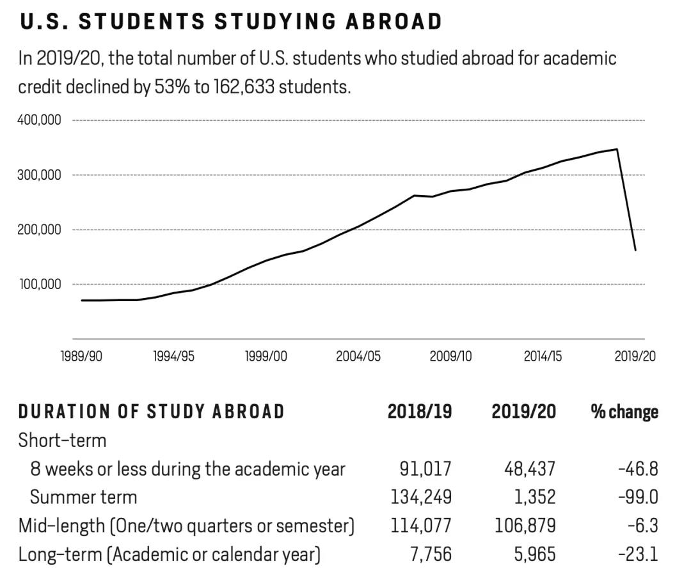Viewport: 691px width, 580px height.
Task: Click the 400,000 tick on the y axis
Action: tap(39, 120)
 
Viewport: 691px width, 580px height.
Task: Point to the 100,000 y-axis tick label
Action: tap(39, 284)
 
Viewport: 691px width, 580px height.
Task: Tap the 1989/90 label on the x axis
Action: tap(81, 357)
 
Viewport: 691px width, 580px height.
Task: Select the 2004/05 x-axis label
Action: tap(358, 357)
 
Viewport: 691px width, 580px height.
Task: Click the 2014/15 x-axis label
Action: tap(543, 357)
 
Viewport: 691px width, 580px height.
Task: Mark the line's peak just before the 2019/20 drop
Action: tap(617, 149)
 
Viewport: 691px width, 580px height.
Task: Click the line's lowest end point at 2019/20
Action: tap(635, 250)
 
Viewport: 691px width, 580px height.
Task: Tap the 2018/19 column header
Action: tap(419, 411)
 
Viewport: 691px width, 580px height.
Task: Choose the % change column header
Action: tap(624, 411)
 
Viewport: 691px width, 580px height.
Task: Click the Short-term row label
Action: tap(62, 440)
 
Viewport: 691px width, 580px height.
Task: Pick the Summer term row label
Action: tap(83, 497)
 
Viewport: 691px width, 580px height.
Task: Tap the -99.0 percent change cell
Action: tap(638, 497)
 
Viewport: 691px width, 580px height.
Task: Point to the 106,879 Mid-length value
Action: tap(525, 526)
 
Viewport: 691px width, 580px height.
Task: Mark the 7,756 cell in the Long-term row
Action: tap(430, 554)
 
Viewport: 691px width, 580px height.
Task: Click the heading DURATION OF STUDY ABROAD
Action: tap(151, 411)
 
